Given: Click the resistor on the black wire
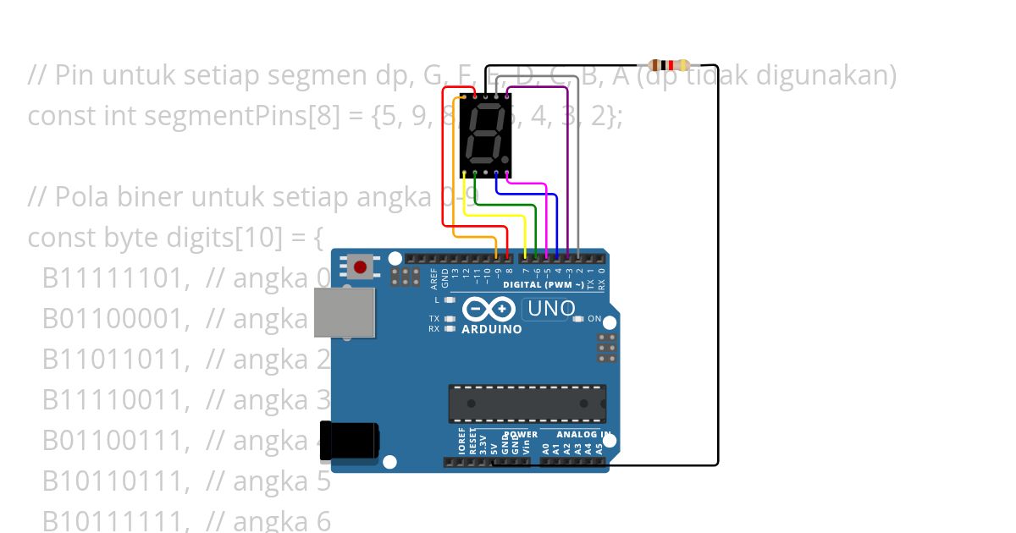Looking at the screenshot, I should coord(669,65).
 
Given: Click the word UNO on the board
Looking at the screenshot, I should coord(551,309).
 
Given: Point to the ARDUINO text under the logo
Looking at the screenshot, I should coord(491,329).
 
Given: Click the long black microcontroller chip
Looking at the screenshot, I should coord(527,403).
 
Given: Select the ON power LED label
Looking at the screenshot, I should coord(594,319).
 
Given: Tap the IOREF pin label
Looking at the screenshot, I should coord(461,442).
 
